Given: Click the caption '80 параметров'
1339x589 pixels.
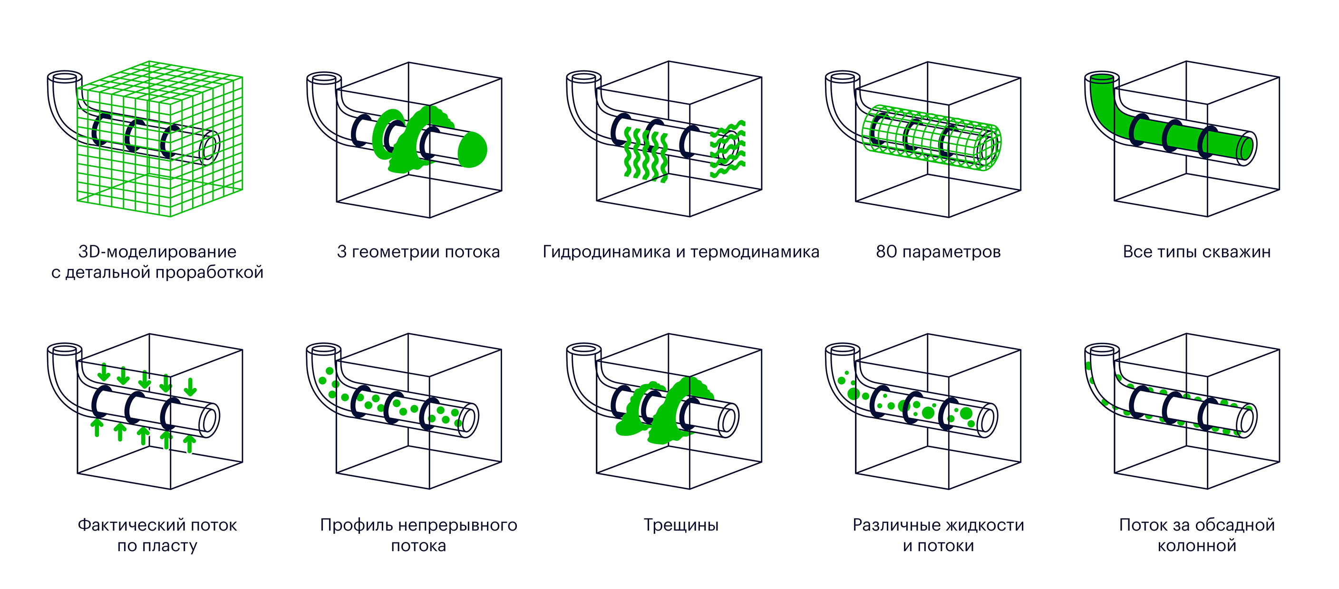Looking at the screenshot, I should (938, 251).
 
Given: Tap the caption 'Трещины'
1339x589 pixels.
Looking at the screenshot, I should (681, 524).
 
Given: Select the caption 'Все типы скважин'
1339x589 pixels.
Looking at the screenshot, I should (1196, 251).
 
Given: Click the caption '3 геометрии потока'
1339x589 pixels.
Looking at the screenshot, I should (418, 251).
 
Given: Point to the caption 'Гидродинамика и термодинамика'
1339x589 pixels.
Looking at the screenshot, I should (681, 251).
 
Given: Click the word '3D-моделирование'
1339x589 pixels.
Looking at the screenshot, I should (157, 251).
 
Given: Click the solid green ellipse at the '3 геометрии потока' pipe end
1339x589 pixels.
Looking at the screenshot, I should (473, 150).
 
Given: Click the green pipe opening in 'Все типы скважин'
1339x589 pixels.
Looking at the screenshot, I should (1102, 79).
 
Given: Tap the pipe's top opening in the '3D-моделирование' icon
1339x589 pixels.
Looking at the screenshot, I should (65, 77).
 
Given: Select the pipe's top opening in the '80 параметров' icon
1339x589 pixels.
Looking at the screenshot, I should (843, 77).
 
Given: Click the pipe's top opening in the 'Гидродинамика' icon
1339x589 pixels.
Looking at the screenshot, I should (584, 77).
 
